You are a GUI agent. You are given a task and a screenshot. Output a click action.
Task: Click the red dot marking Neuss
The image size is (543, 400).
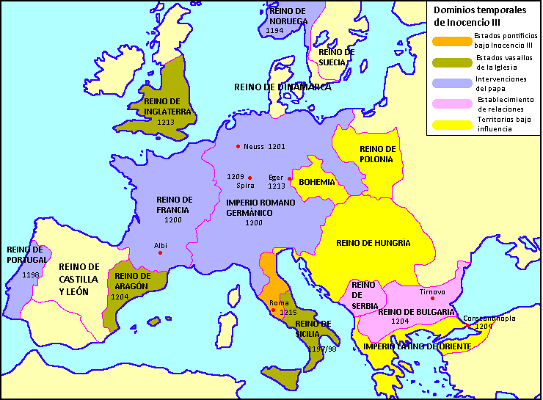tap(238, 146)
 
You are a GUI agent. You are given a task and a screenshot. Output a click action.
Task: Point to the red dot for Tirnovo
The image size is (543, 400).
tap(433, 299)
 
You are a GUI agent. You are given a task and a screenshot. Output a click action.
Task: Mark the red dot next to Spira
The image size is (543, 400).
tap(250, 178)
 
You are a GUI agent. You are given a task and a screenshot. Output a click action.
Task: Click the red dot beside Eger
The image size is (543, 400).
tap(290, 178)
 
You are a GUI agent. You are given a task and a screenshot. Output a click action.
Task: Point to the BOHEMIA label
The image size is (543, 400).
tap(317, 182)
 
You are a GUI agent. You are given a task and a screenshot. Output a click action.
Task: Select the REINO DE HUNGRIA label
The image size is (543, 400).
tap(373, 242)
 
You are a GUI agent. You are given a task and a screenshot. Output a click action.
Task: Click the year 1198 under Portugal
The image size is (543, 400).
tap(31, 274)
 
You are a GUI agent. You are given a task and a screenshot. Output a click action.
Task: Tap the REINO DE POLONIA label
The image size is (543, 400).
tap(377, 153)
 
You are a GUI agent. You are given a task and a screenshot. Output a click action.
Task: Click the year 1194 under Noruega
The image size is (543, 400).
tap(275, 31)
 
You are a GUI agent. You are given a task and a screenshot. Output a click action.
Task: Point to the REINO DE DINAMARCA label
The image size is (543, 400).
tap(283, 87)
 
